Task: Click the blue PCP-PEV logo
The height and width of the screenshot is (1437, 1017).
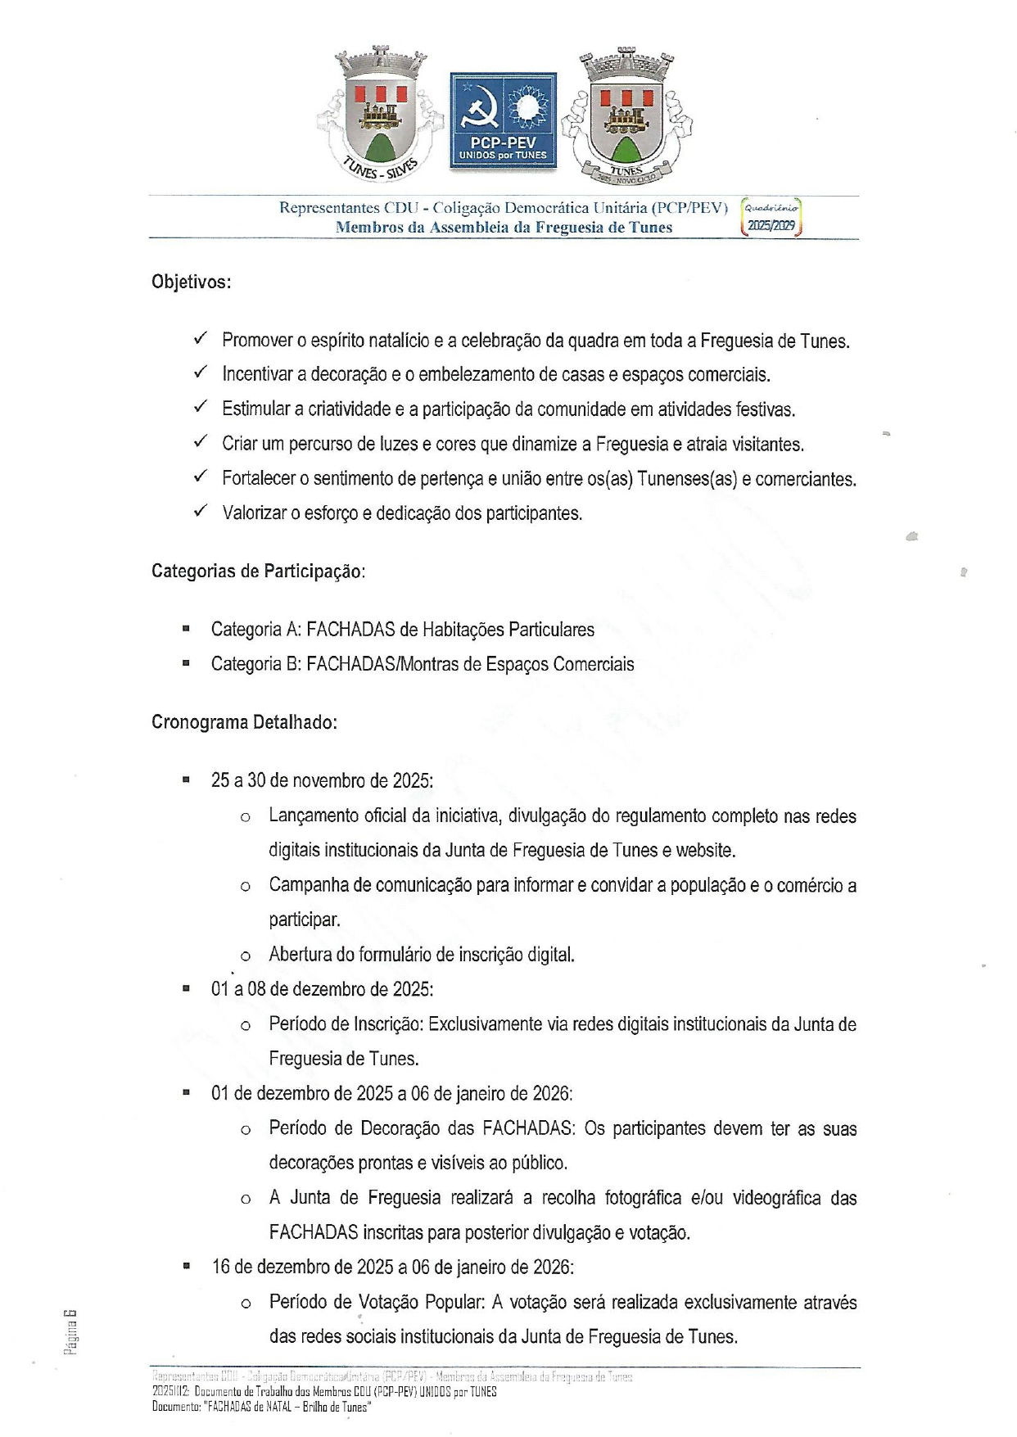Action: click(503, 121)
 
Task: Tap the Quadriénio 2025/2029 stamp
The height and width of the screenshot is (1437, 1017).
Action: click(771, 217)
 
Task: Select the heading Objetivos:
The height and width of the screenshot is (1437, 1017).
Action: click(191, 282)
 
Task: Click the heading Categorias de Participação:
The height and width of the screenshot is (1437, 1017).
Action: click(258, 571)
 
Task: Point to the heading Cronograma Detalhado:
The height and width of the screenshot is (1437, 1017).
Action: click(244, 722)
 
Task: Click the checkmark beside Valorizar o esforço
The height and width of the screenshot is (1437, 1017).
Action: click(201, 512)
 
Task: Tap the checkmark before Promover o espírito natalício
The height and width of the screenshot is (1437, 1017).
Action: click(201, 338)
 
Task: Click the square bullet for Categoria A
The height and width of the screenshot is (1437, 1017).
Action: click(187, 629)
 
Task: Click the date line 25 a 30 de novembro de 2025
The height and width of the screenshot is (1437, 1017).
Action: click(322, 780)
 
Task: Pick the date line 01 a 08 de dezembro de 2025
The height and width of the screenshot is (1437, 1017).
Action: click(322, 989)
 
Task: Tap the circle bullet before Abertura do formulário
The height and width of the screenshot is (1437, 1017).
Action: click(245, 956)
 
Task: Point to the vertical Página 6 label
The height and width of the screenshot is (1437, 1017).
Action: click(71, 1331)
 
